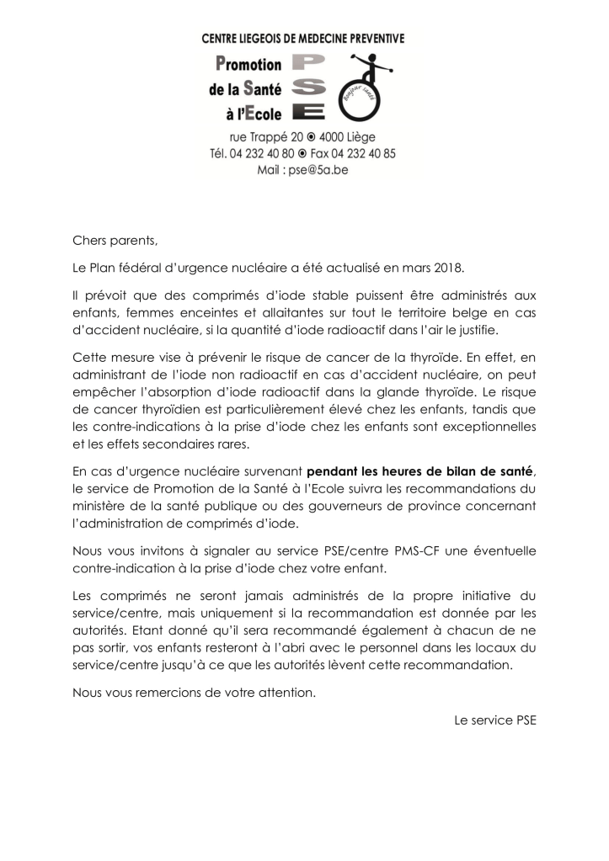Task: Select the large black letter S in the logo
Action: (309, 88)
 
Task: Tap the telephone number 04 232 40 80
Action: (282, 153)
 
